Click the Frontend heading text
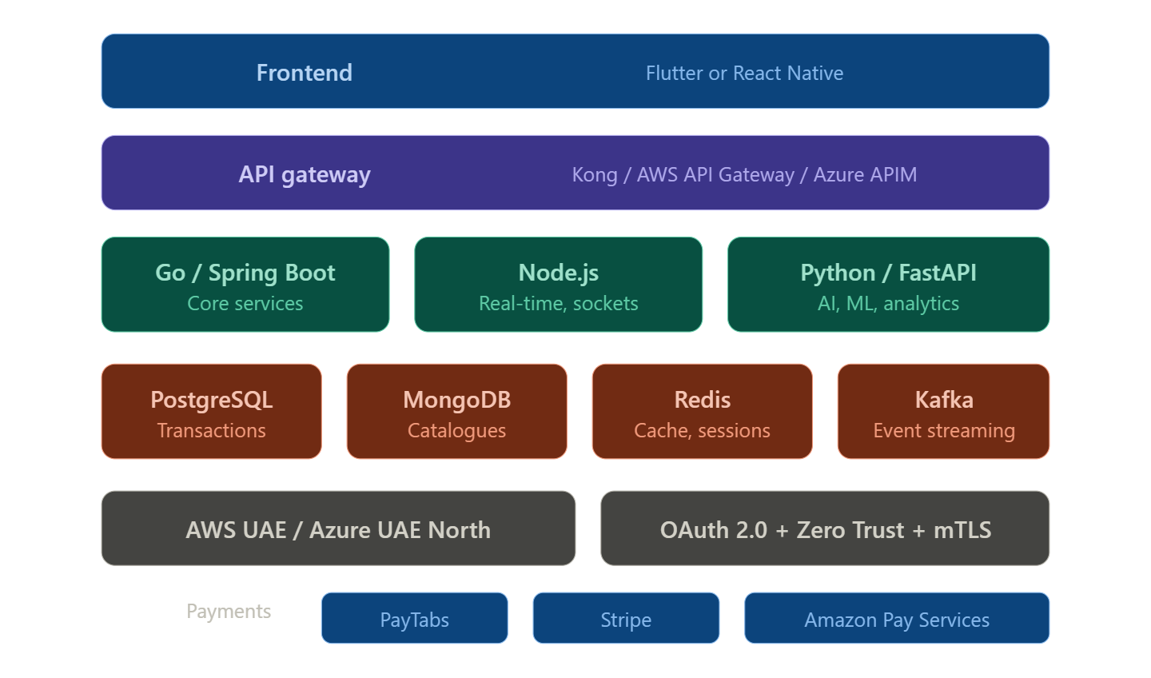304,73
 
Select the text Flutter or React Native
744,73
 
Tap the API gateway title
304,174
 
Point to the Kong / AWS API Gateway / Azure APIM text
744,174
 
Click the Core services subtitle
245,304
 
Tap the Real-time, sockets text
558,304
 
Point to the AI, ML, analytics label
888,304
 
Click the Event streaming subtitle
943,431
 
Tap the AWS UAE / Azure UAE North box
338,528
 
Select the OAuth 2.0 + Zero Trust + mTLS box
825,528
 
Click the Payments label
229,612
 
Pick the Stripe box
626,618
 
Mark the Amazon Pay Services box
896,618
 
